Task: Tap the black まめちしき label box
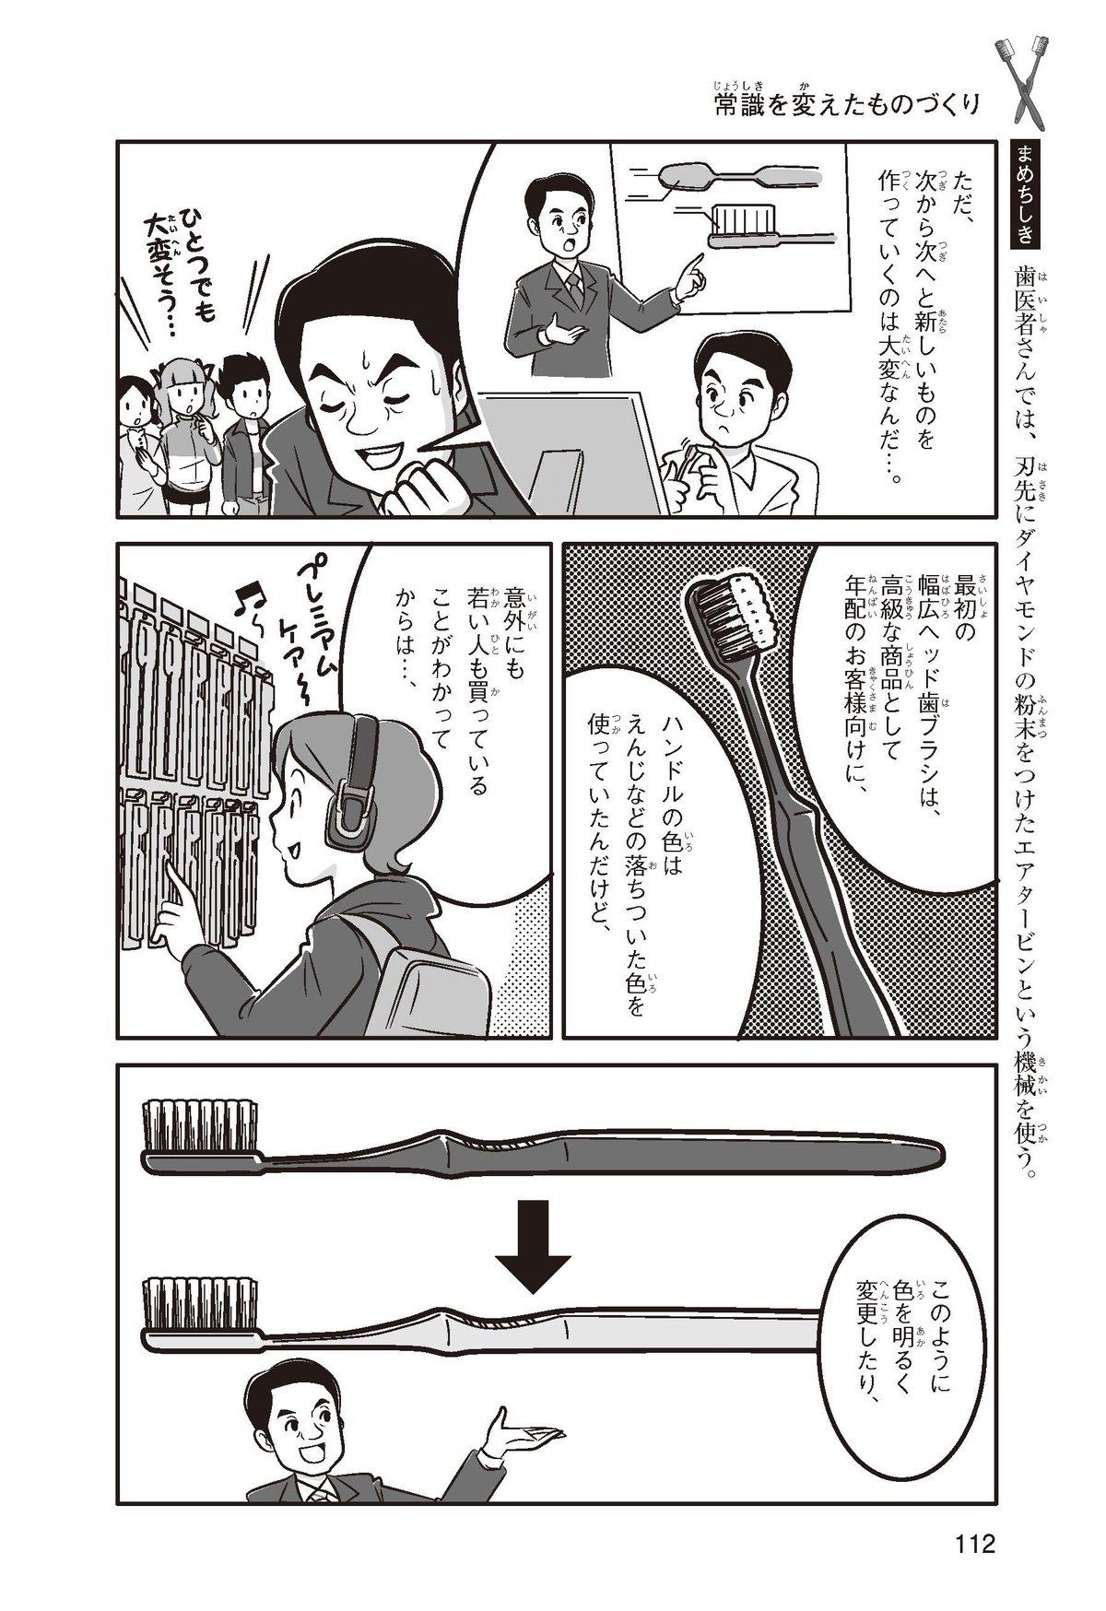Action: [x=1024, y=194]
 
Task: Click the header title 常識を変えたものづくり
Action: [x=847, y=105]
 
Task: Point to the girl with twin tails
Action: [x=190, y=433]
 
